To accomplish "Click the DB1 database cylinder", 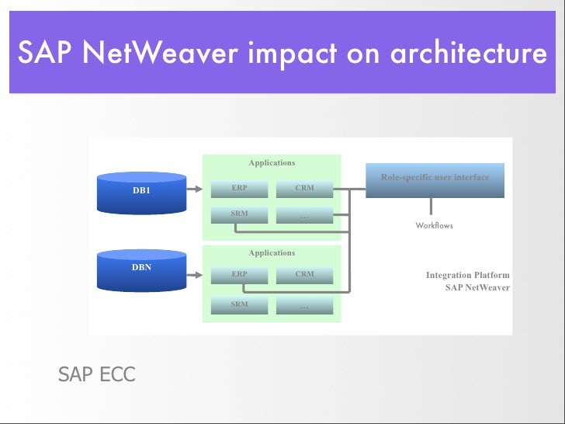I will coord(141,193).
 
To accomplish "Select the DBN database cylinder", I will coord(141,269).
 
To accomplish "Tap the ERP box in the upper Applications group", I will coord(240,189).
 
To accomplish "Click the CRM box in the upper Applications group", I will coord(304,189).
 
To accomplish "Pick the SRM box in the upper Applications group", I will coord(240,214).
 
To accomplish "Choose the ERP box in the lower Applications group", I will coord(240,275).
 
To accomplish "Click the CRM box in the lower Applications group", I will coord(304,275).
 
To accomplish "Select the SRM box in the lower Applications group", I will coord(240,304).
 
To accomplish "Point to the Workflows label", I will coord(434,226).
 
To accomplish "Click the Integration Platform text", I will coord(467,275).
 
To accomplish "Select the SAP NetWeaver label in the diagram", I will coord(477,287).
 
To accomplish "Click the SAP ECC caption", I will coord(96,375).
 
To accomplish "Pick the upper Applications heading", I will coord(272,163).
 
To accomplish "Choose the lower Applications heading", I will coord(272,253).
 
